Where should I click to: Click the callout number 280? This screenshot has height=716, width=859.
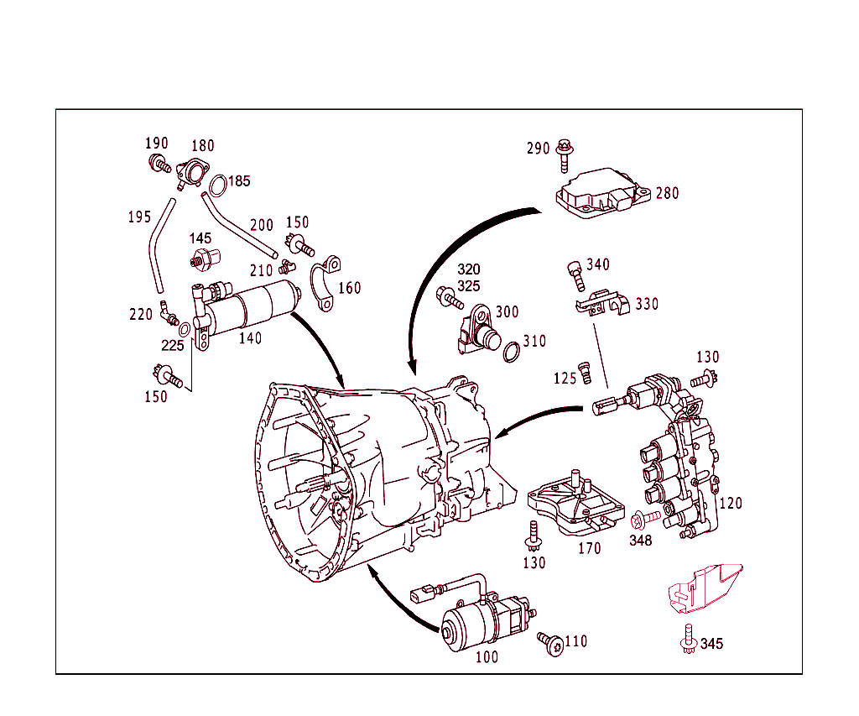pos(668,193)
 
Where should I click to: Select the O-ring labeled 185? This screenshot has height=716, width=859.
pos(217,185)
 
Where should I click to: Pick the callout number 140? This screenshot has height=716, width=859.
pos(250,338)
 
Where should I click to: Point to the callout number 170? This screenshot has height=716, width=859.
pos(590,550)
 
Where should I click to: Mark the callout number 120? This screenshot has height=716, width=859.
pos(731,504)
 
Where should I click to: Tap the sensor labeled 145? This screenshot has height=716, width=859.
pos(205,259)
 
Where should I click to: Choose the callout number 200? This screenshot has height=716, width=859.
pos(262,225)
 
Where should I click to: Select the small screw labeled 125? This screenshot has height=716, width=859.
pos(586,369)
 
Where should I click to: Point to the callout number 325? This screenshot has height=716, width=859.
pos(469,286)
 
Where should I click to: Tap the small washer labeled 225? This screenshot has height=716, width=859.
pos(185,327)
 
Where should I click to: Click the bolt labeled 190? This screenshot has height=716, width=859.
pos(158,163)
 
